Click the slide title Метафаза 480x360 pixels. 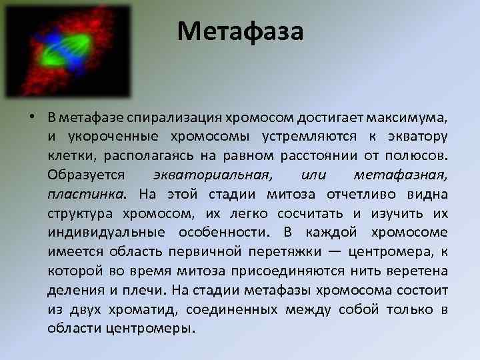pyautogui.click(x=240, y=31)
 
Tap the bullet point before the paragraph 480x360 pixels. pyautogui.click(x=32, y=118)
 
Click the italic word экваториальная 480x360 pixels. pyautogui.click(x=213, y=175)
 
